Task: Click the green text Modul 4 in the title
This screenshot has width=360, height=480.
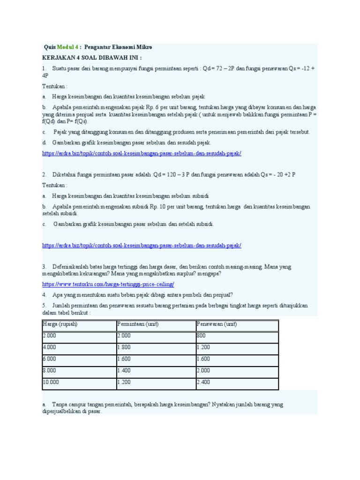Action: (x=68, y=47)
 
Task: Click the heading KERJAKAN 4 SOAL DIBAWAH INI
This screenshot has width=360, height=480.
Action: (x=91, y=58)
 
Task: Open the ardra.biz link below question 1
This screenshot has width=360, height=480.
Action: (x=141, y=153)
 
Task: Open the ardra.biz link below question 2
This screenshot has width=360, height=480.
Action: (x=141, y=245)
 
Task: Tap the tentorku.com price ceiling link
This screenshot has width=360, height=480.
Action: (x=108, y=284)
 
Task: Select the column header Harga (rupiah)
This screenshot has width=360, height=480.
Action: (x=60, y=324)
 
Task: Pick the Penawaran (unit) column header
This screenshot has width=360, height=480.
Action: (x=217, y=324)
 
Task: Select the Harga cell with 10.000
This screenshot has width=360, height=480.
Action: (x=51, y=382)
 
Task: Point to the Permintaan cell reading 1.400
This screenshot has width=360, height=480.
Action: (x=124, y=370)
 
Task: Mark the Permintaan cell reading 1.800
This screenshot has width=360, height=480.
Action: (x=124, y=347)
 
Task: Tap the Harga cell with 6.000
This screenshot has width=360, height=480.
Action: (x=50, y=359)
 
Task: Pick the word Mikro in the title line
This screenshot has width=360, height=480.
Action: (x=143, y=47)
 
